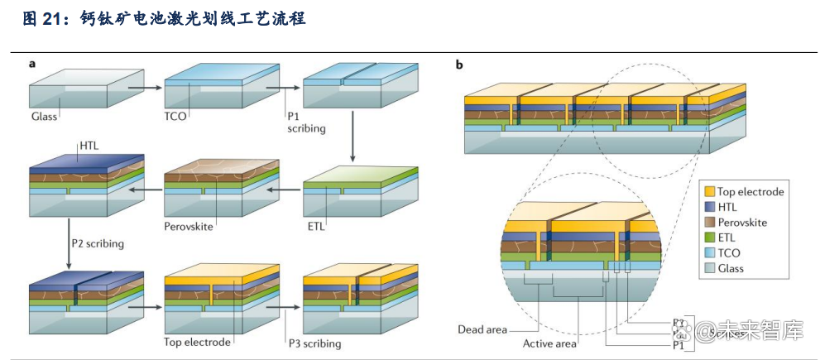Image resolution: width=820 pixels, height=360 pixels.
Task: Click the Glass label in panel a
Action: point(44,117)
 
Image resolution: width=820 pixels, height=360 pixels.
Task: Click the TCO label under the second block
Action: point(175,117)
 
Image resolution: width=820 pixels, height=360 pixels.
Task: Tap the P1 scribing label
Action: point(306,122)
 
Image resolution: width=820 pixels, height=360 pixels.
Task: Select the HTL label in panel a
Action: point(89,146)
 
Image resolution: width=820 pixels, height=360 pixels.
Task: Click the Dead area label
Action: point(482,329)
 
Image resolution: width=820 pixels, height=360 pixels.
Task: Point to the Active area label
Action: point(549,343)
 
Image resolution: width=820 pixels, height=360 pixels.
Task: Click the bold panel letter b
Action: point(459,65)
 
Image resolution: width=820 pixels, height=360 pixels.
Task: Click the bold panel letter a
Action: point(32,63)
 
